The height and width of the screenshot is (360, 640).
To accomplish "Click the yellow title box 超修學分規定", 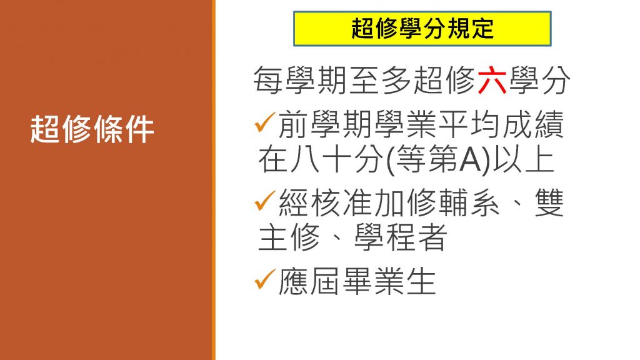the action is tap(422, 29).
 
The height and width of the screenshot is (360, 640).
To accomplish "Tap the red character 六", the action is tap(492, 81).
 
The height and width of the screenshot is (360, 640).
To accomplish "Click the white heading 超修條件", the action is tap(92, 129).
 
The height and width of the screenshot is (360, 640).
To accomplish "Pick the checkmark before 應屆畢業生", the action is tap(264, 279).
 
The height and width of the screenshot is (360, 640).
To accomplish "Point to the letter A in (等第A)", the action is tap(470, 160).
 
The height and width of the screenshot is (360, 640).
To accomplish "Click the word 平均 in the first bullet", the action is tap(469, 124).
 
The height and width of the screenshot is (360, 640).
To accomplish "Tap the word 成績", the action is tap(533, 124).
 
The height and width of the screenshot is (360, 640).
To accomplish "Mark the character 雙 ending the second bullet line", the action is tap(549, 202).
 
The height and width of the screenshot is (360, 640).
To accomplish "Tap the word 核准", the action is tap(325, 202).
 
